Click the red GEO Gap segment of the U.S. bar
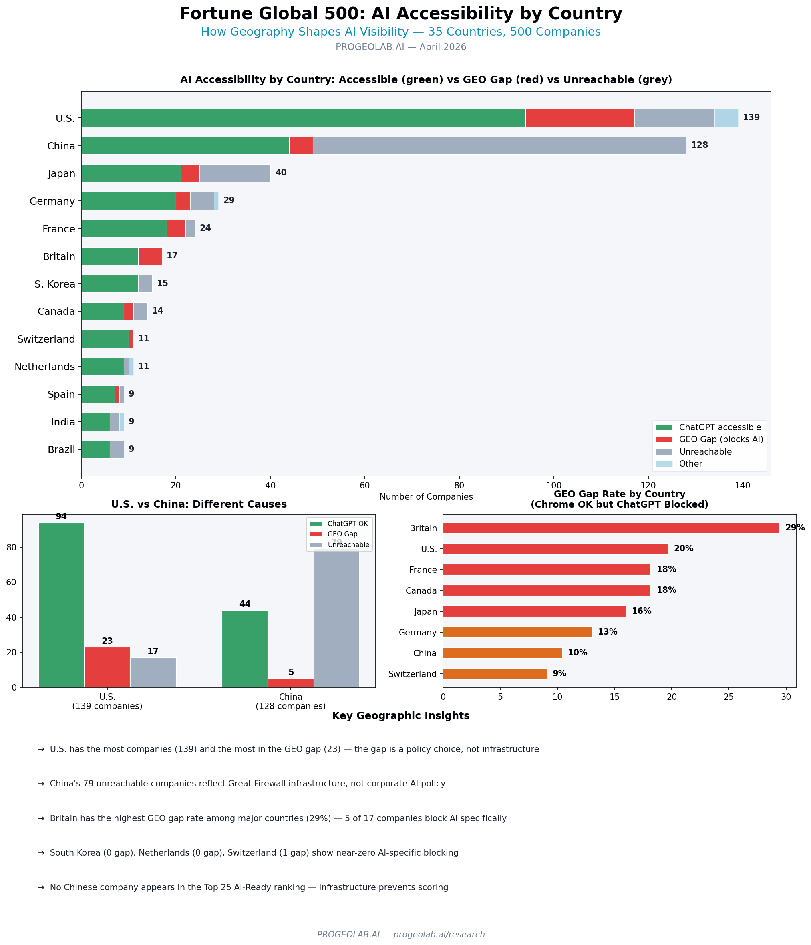tap(580, 118)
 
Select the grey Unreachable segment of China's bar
tap(499, 146)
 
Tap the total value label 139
tap(751, 118)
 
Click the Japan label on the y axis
tap(62, 174)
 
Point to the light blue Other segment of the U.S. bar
tap(726, 118)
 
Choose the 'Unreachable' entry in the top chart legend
tap(705, 452)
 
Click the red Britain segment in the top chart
tap(150, 256)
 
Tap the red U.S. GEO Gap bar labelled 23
tap(107, 667)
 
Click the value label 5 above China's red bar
tap(291, 672)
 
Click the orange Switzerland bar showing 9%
tap(494, 674)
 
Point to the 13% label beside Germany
tap(607, 632)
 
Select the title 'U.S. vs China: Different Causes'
tap(199, 504)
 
